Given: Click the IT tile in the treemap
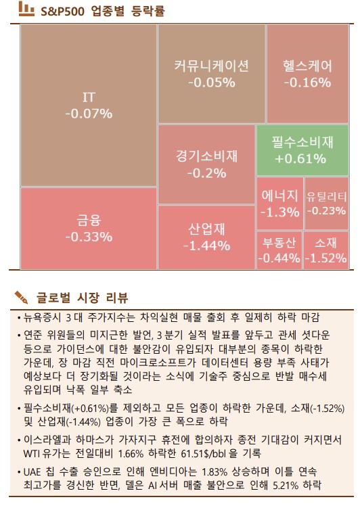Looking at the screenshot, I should click(88, 106).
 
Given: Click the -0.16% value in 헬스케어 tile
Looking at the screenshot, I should click(308, 83).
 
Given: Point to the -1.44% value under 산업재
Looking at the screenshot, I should click(206, 246).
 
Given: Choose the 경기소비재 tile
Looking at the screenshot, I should click(206, 164).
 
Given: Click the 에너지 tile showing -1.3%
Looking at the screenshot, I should click(279, 204).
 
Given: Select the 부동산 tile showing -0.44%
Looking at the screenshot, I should click(279, 250).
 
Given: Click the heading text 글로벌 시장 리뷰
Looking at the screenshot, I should click(82, 298).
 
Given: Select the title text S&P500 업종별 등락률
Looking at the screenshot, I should click(102, 11).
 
